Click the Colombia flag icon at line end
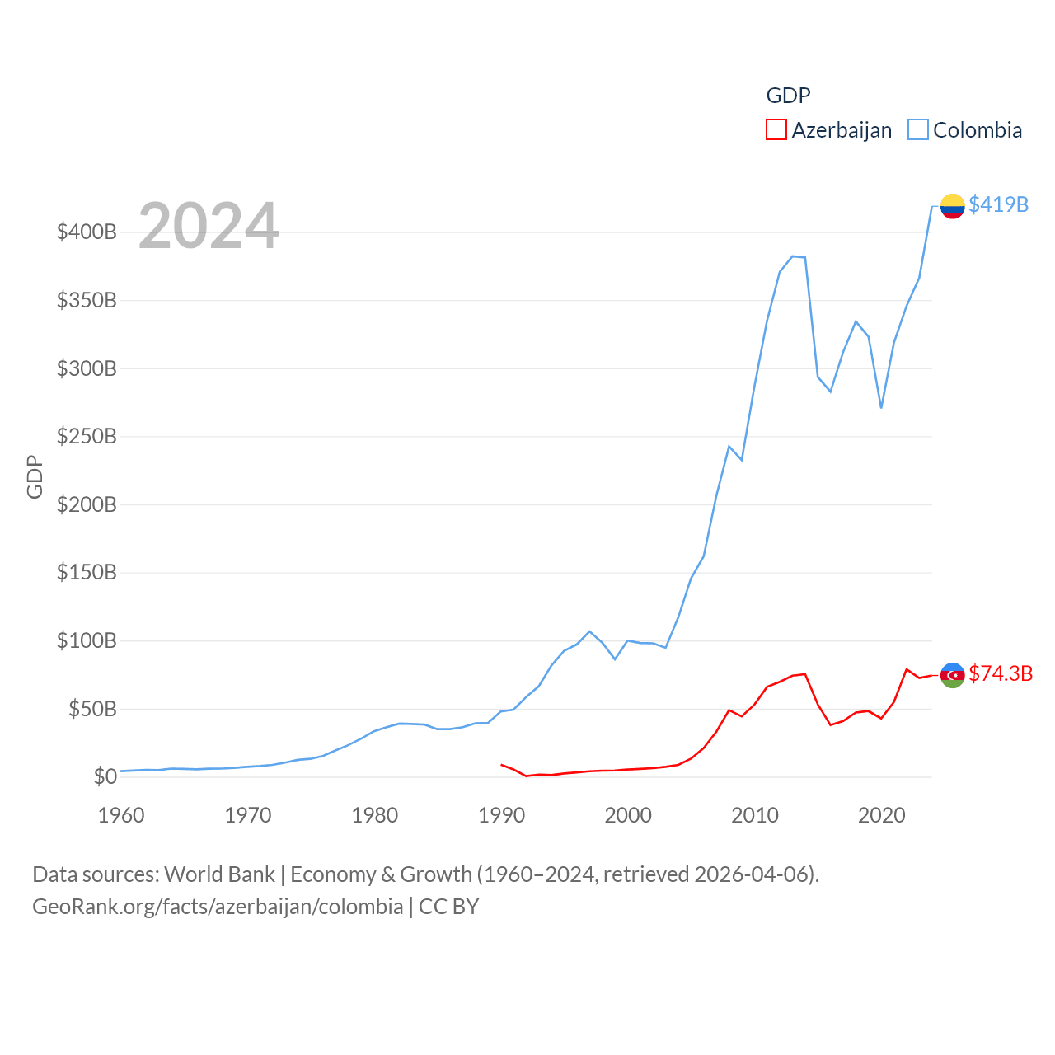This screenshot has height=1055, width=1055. click(x=952, y=205)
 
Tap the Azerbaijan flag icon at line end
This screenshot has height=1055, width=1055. click(x=952, y=675)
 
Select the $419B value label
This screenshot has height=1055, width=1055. click(x=998, y=204)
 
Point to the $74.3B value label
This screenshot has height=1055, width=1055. click(x=1001, y=673)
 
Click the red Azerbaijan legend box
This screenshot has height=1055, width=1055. click(x=776, y=130)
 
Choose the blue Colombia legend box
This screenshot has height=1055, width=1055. click(x=917, y=130)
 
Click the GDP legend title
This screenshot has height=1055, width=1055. click(x=788, y=96)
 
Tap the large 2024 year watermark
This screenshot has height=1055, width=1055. click(x=209, y=226)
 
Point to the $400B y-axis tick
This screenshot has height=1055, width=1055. click(x=87, y=232)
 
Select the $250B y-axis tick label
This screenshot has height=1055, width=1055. click(x=87, y=436)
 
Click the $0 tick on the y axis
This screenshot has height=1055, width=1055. click(x=105, y=776)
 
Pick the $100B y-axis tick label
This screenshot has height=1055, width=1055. click(x=87, y=640)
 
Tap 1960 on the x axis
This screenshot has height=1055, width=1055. click(x=121, y=815)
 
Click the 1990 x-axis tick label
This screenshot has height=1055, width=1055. click(x=501, y=815)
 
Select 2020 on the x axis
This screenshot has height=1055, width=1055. click(x=881, y=815)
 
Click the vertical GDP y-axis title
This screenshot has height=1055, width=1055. click(x=35, y=476)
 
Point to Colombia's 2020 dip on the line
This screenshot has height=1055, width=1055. click(x=881, y=407)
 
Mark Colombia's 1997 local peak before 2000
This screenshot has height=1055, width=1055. click(x=589, y=631)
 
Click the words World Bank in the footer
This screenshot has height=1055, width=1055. click(x=219, y=874)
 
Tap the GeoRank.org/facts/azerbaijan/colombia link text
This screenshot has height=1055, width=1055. click(x=218, y=907)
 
